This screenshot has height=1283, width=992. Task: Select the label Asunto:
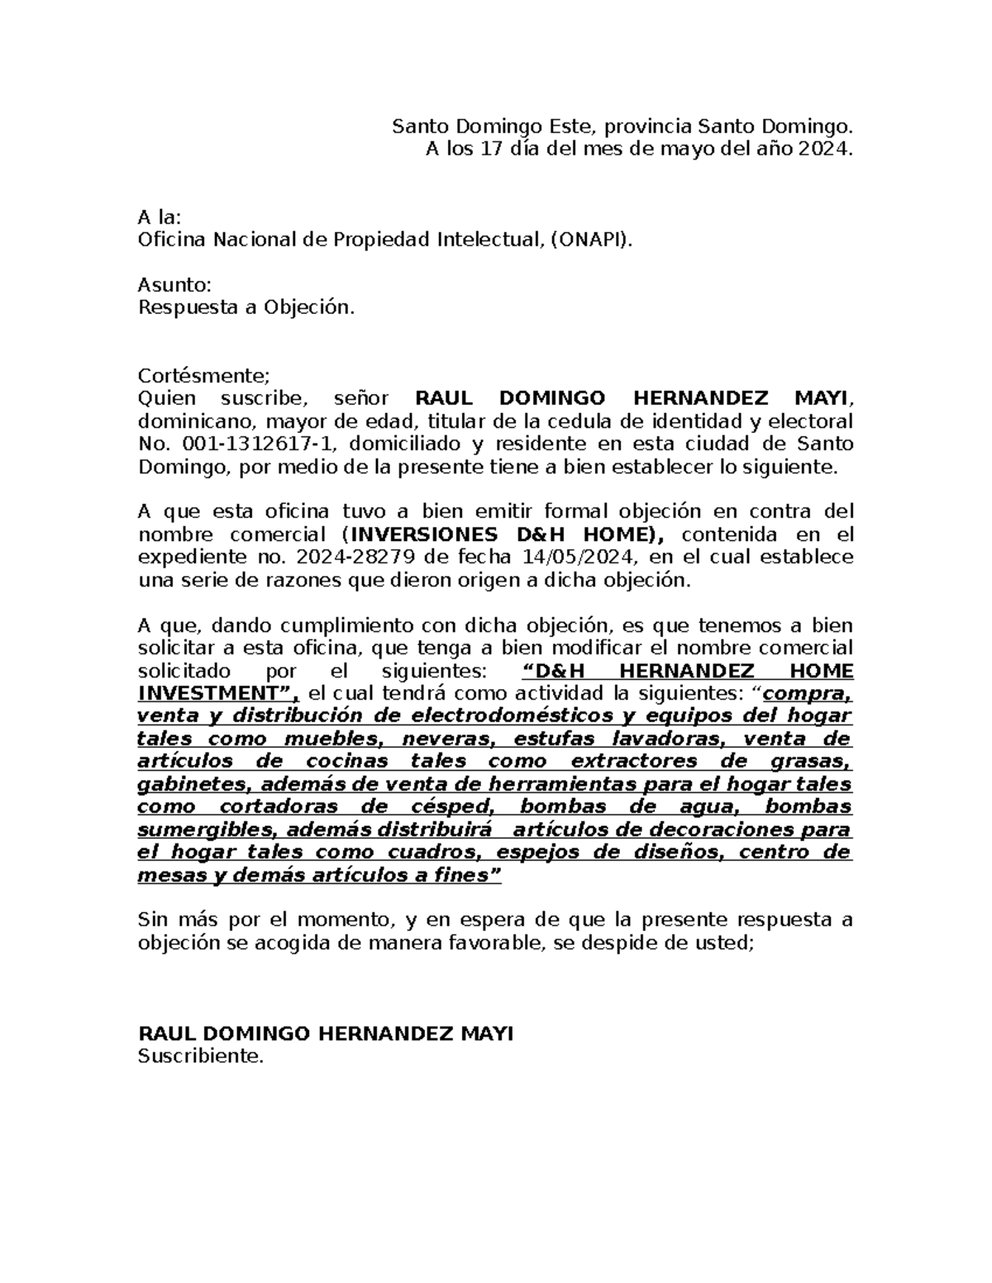point(174,285)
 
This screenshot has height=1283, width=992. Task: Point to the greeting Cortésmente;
point(203,376)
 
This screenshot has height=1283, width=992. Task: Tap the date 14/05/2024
point(594,557)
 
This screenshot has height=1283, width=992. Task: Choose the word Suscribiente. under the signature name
point(200,1056)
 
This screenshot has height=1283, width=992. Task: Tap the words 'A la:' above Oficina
point(159,217)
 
